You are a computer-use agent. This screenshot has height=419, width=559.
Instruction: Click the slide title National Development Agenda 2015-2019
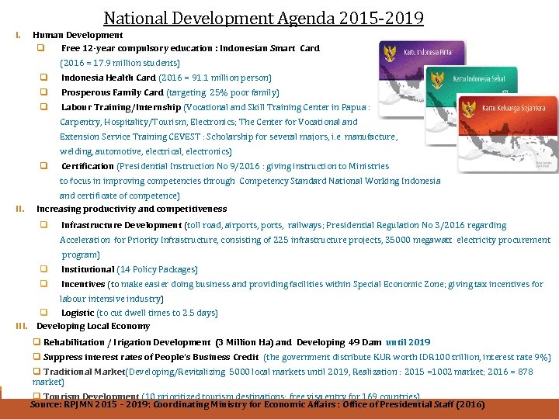pos(264,17)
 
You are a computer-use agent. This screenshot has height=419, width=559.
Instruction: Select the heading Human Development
pos(78,35)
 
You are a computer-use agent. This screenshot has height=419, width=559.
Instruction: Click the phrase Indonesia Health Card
pos(108,78)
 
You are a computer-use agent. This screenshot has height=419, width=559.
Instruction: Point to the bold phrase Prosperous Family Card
pos(112,92)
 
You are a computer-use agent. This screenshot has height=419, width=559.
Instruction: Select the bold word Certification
pos(87,166)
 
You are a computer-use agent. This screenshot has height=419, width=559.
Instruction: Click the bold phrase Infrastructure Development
pos(121,225)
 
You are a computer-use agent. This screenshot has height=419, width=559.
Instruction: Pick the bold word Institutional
pos(87,269)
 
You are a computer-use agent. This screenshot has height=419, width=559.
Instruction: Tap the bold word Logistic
pos(78,313)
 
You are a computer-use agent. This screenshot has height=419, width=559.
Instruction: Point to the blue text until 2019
pos(408,342)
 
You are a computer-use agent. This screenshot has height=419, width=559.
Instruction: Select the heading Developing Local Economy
pos(93,326)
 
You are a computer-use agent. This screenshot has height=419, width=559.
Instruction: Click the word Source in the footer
pos(44,404)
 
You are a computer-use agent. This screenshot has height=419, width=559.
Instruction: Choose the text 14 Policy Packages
pos(158,269)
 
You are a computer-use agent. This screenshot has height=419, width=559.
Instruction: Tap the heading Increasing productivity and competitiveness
pos(132,209)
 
